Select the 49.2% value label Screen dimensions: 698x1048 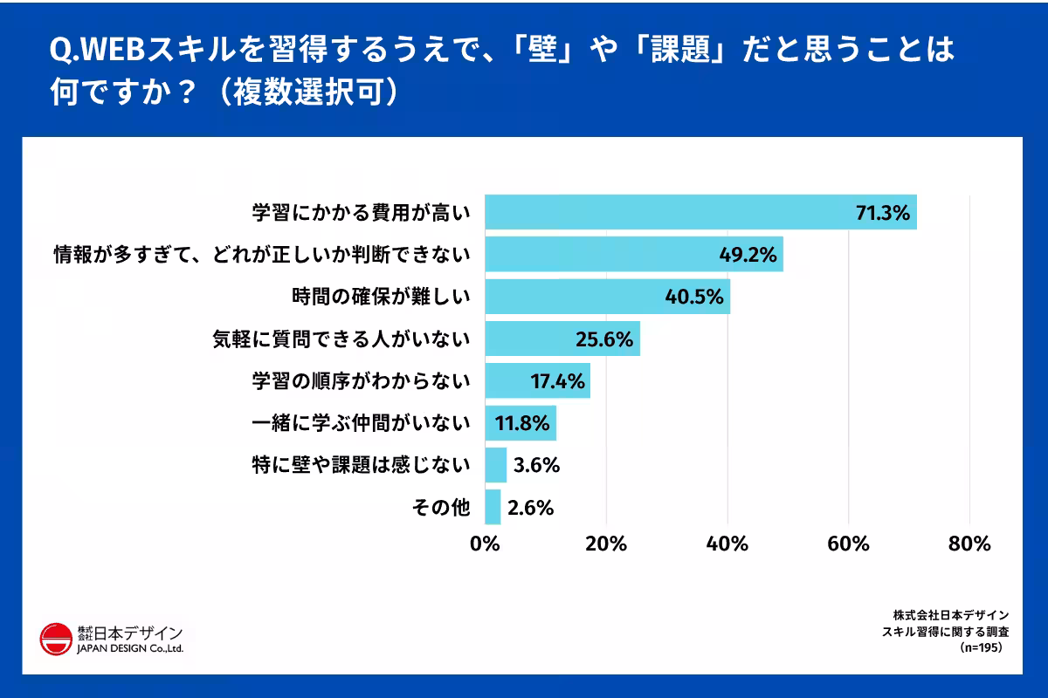(748, 255)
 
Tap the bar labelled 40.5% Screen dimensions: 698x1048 (607, 297)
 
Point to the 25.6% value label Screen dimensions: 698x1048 (603, 339)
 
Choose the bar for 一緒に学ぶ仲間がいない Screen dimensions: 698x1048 (521, 423)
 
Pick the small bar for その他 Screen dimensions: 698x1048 (493, 508)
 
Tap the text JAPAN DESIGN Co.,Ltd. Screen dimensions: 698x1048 (130, 648)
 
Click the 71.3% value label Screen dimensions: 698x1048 (882, 212)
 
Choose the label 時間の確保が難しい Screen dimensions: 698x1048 (381, 297)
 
